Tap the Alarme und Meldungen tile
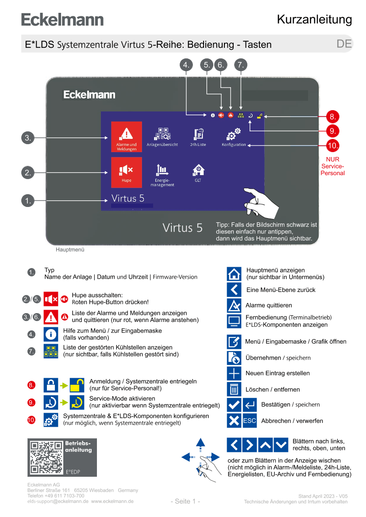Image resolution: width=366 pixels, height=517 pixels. pyautogui.click(x=126, y=136)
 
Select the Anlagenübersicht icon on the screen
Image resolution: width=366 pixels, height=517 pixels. pyautogui.click(x=162, y=134)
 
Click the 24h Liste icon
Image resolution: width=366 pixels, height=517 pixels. pyautogui.click(x=198, y=134)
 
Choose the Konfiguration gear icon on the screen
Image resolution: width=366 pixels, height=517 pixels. pyautogui.click(x=234, y=134)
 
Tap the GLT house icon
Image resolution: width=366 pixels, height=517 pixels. pyautogui.click(x=198, y=170)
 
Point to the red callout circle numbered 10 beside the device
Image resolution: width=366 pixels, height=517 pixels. pyautogui.click(x=333, y=145)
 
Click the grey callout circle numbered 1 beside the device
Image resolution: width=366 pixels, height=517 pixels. pyautogui.click(x=28, y=201)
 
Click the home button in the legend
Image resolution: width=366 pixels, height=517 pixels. pyautogui.click(x=234, y=274)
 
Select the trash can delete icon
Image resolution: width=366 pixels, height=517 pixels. pyautogui.click(x=234, y=389)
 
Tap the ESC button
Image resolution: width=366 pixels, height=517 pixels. pyautogui.click(x=250, y=421)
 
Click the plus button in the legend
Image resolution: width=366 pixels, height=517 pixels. pyautogui.click(x=234, y=374)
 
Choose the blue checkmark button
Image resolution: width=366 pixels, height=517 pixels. pyautogui.click(x=234, y=405)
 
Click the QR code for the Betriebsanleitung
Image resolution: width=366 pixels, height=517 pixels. pyautogui.click(x=46, y=457)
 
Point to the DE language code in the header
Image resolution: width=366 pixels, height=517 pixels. pyautogui.click(x=344, y=44)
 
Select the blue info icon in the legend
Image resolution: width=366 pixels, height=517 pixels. pyautogui.click(x=51, y=334)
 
